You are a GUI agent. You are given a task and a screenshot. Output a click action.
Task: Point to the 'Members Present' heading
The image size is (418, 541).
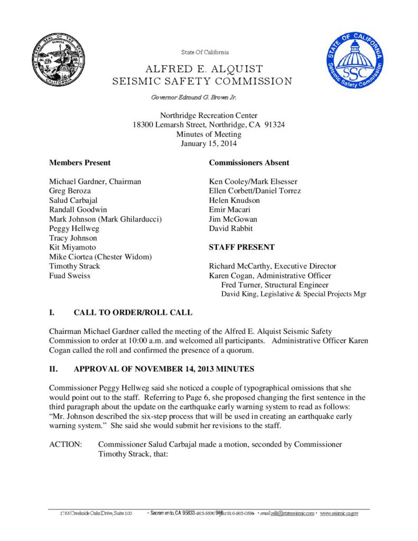80,163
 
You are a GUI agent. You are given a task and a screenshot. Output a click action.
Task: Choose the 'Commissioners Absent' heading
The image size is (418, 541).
249,163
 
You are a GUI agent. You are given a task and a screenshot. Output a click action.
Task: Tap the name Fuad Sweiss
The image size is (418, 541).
70,276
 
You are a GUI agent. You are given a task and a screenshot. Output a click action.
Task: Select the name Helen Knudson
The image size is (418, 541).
235,200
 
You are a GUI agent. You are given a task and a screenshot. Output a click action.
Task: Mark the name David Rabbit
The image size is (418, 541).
231,229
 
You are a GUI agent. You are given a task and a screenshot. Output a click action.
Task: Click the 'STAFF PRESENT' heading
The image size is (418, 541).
241,247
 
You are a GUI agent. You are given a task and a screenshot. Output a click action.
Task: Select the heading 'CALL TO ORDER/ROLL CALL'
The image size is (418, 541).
133,313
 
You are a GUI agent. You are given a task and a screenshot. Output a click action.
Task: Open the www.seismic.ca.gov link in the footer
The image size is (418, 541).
339,513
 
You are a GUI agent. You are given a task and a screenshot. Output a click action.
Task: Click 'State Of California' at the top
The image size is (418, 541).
205,52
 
